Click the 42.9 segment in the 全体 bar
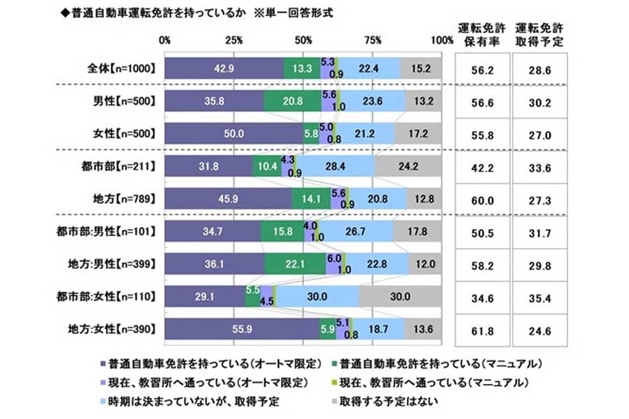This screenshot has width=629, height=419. tap(224, 68)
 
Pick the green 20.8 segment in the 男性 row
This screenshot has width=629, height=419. tap(291, 101)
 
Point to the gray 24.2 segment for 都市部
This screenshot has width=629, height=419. tap(407, 167)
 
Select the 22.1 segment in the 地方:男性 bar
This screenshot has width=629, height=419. tap(295, 263)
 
